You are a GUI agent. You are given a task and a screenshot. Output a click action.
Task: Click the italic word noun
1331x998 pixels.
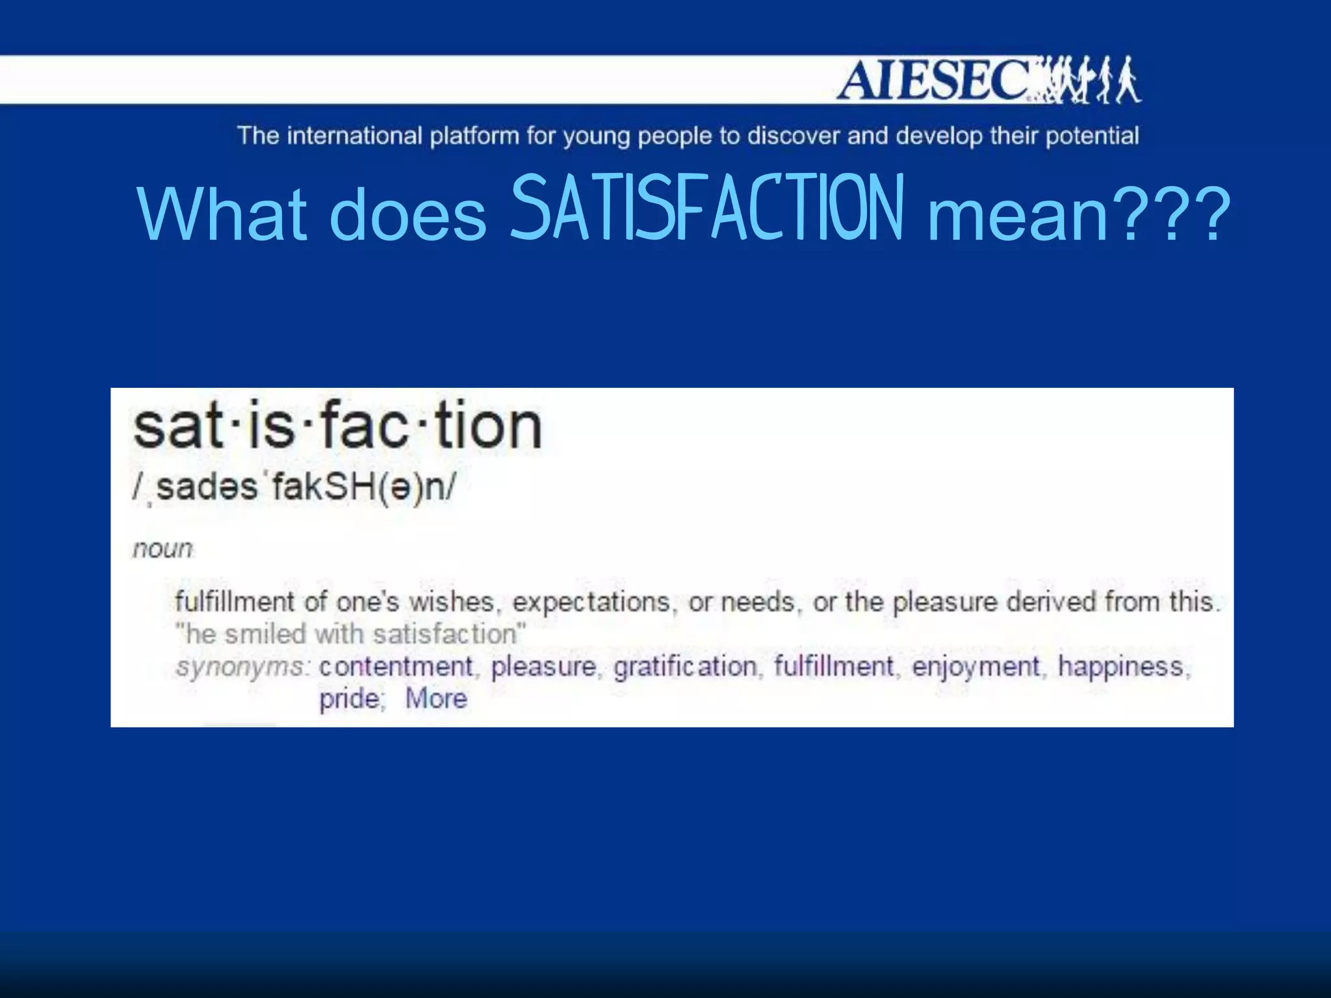coord(162,549)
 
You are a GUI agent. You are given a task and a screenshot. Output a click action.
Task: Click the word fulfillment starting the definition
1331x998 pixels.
coord(234,601)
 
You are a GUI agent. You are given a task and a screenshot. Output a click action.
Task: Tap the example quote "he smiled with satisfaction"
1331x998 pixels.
coord(350,634)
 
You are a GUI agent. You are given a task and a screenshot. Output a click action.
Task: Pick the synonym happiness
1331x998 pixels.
coord(1121,667)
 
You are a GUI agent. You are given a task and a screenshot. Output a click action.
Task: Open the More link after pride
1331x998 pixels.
coord(436,699)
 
